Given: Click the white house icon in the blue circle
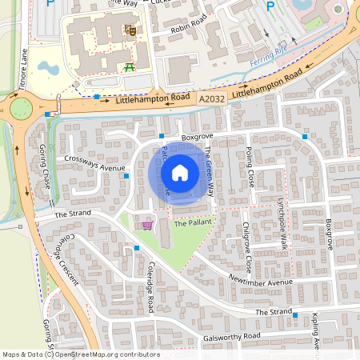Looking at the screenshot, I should (180, 172).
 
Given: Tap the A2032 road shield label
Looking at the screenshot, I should (212, 98).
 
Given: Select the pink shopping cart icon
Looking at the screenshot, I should (146, 226).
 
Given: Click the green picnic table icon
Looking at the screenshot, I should (129, 68).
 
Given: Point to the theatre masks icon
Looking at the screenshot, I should (130, 30).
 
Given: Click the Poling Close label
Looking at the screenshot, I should (250, 166).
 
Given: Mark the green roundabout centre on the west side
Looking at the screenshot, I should (19, 107).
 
